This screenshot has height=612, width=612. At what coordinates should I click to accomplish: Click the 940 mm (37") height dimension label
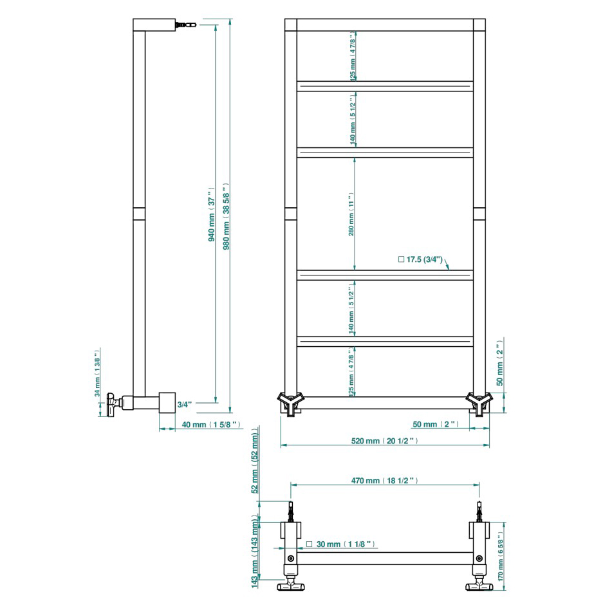point(212,214)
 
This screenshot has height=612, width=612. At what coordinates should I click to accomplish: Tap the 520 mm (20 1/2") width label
point(385,441)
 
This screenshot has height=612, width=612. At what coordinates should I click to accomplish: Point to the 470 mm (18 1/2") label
point(385,481)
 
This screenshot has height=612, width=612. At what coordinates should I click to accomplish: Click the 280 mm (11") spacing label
point(351,214)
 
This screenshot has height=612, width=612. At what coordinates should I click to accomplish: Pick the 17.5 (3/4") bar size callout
point(420,259)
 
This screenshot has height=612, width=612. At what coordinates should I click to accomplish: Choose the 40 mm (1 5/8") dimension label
point(211,425)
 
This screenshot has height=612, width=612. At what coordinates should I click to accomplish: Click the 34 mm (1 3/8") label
point(97,373)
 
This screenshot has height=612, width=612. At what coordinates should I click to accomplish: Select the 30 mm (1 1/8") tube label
point(340,544)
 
